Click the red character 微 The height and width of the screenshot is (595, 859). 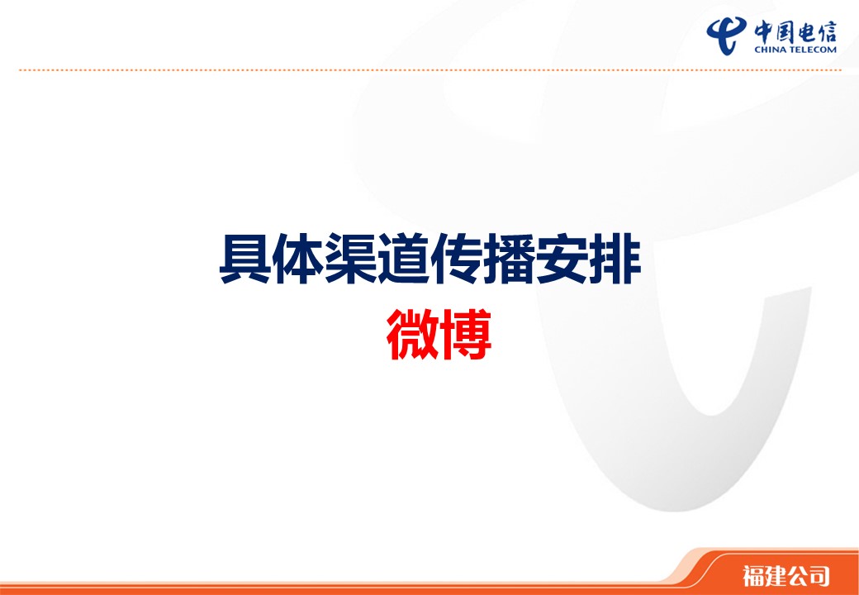click(x=413, y=334)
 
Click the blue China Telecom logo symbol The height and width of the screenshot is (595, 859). click(x=726, y=35)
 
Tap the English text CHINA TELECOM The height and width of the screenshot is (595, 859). click(x=795, y=50)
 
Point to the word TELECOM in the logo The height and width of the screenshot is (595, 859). click(x=813, y=50)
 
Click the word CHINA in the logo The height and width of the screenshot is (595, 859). click(x=770, y=50)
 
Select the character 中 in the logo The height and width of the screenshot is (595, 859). click(x=765, y=31)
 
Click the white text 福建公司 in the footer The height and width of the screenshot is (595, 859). click(x=786, y=576)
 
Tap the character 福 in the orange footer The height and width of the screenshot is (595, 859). click(x=753, y=576)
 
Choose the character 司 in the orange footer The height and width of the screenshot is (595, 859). click(x=819, y=576)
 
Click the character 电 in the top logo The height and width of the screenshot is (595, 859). click(x=806, y=31)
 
